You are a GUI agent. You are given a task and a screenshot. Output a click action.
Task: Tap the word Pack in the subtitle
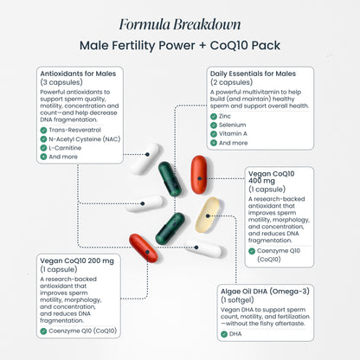click(266, 46)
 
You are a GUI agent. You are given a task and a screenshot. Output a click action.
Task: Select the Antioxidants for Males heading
click(78, 74)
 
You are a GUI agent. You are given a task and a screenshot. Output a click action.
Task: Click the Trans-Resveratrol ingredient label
click(74, 130)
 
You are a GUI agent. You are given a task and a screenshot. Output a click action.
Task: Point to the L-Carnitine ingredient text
click(65, 148)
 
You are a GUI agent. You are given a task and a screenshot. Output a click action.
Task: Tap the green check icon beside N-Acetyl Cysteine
click(43, 139)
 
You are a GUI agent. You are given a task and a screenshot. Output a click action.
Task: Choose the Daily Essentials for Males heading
click(253, 74)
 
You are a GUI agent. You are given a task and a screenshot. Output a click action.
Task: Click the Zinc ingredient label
click(225, 116)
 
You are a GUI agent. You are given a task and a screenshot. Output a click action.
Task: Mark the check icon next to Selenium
click(214, 125)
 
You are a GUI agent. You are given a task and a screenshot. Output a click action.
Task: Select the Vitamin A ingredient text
click(233, 134)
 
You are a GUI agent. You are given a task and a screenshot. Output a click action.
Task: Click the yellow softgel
click(207, 215)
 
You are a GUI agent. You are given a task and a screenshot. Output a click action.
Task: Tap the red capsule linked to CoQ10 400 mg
click(199, 175)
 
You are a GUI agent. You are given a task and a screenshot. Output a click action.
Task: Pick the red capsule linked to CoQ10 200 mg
click(144, 248)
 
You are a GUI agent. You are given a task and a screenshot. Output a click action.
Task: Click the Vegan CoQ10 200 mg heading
click(77, 260)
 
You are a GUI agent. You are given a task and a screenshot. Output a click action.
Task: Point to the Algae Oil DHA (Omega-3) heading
click(265, 292)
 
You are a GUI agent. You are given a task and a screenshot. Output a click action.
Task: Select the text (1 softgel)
click(237, 300)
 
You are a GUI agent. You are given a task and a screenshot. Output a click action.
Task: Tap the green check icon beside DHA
click(224, 334)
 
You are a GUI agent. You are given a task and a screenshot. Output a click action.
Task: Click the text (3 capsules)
click(61, 82)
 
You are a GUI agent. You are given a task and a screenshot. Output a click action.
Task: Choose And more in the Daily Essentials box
click(233, 143)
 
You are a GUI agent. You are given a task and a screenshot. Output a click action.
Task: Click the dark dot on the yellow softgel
click(208, 215)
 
